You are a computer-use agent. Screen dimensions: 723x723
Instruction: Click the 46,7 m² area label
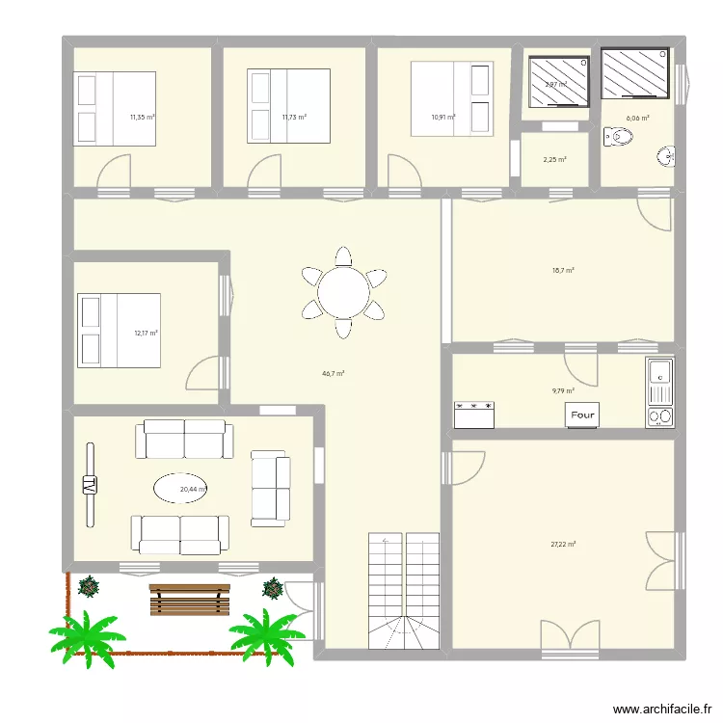335,373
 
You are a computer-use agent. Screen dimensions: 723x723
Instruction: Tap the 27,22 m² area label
563,544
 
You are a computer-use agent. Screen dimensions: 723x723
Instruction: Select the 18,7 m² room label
563,271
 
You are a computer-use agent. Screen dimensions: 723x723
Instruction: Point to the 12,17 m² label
146,334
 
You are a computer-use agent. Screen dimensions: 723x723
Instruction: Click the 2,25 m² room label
554,160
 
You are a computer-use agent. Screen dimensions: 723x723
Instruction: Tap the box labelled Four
583,415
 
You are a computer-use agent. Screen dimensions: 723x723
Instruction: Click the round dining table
343,292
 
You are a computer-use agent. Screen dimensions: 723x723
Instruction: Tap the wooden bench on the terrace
190,599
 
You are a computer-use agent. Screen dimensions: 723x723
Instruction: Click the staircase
404,589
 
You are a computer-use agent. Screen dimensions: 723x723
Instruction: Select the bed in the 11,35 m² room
115,108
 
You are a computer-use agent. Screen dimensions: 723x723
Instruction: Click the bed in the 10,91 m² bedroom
451,93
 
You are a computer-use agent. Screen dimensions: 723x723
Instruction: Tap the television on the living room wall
90,485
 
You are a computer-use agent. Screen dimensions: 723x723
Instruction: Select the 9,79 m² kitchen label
563,390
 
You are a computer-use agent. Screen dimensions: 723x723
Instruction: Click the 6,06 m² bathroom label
637,119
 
